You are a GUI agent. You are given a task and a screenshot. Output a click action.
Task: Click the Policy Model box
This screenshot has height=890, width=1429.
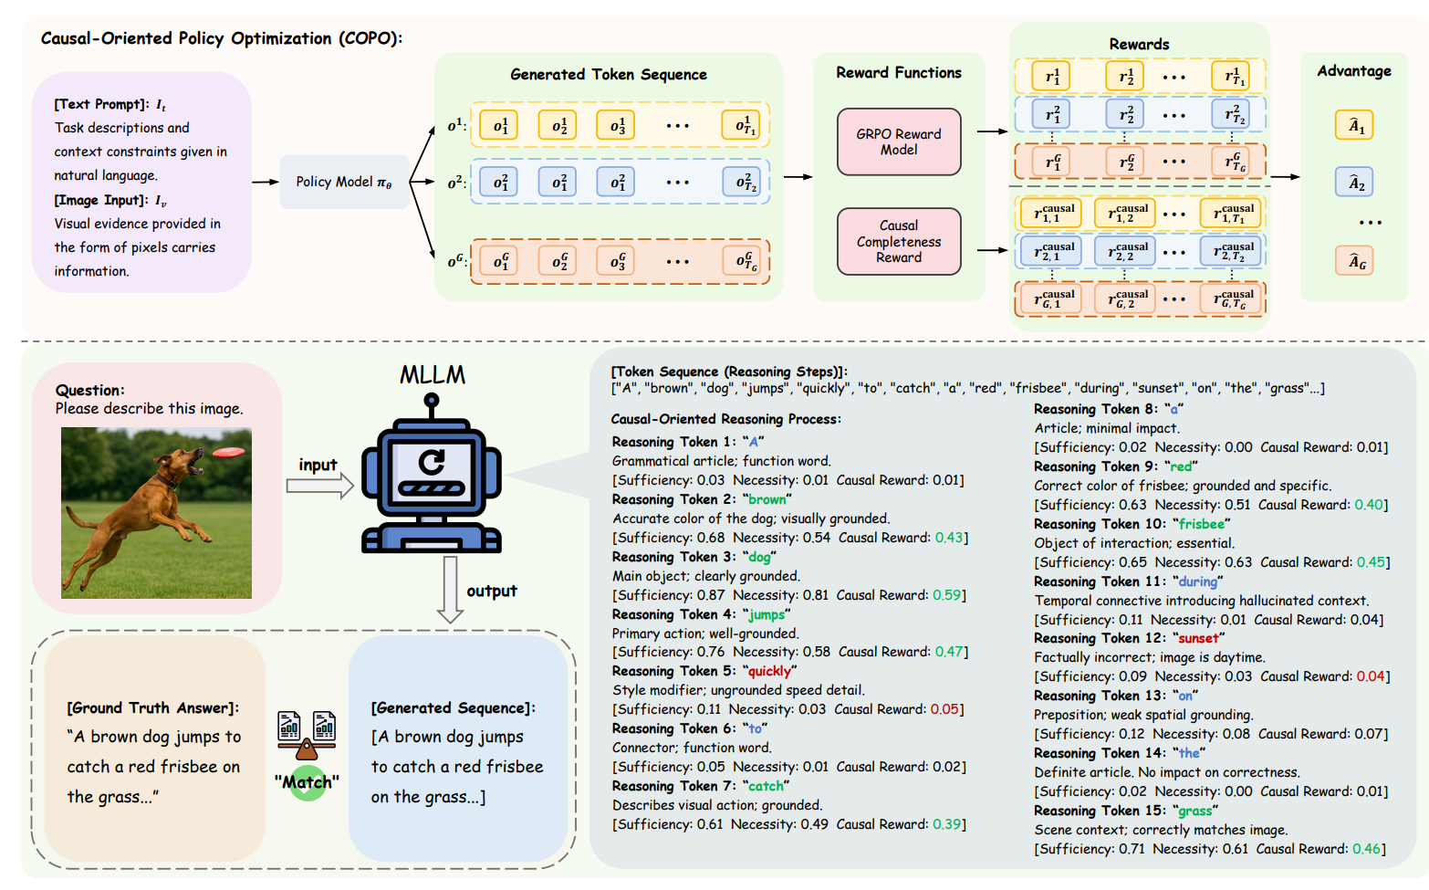pos(344,182)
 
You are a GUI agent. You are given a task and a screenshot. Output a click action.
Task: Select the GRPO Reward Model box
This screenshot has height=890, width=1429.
pos(899,141)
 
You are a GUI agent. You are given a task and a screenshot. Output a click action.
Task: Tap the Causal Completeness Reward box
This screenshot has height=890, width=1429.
pos(899,241)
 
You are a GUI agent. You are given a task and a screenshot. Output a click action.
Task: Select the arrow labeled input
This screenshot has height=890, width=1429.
pos(319,486)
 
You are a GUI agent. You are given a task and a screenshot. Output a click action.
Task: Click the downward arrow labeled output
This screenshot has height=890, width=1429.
pos(450,590)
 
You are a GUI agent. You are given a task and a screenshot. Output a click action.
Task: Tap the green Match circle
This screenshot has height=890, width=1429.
pos(308,782)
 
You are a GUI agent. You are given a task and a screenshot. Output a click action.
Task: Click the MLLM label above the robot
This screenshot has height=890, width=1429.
pos(433,375)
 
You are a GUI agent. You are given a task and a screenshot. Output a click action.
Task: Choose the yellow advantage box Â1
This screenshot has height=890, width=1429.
pos(1356,126)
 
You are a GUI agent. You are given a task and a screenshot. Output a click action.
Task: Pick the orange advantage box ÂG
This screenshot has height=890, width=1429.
pos(1356,262)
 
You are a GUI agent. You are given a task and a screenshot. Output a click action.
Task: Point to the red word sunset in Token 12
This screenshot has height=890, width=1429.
pos(1198,638)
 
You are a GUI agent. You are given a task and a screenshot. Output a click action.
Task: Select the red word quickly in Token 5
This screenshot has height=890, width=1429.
pos(769,671)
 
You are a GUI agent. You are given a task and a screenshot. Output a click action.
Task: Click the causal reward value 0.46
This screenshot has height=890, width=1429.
pos(1366,849)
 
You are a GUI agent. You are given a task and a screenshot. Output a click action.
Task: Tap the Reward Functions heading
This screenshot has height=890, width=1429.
pos(899,73)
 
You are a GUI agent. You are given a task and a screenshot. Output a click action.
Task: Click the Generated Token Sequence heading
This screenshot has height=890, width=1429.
pos(609,75)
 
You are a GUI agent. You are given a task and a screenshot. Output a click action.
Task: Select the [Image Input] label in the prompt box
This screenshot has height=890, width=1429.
pos(100,200)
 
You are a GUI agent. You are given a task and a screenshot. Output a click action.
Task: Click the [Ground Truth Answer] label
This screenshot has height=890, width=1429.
pos(152,708)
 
